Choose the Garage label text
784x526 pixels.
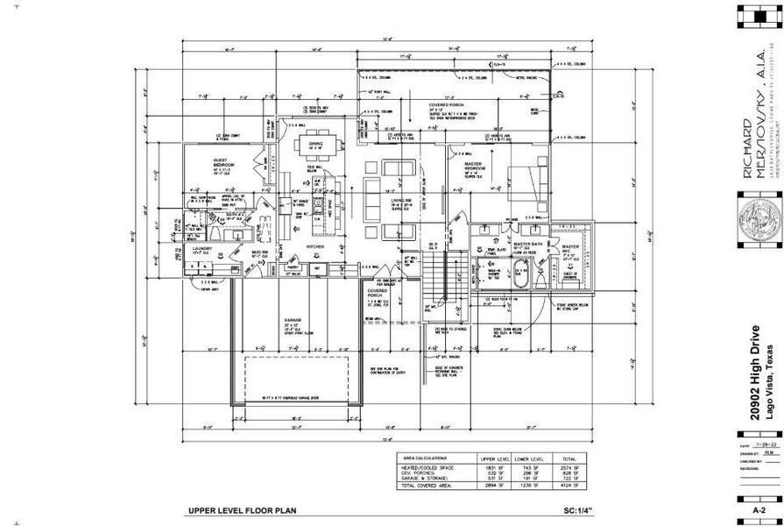pyautogui.click(x=291, y=319)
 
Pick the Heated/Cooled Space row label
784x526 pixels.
pyautogui.click(x=429, y=468)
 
